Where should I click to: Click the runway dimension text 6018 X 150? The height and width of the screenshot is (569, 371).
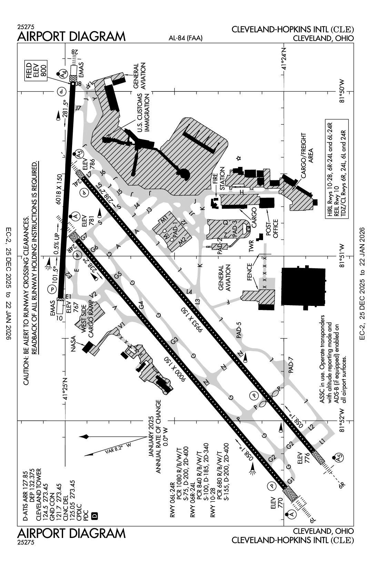coord(60,192)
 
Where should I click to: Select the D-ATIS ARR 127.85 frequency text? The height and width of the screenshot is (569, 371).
coord(24,497)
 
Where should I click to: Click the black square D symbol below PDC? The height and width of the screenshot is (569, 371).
coord(95,516)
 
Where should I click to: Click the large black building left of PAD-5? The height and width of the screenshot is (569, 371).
coord(303,286)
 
